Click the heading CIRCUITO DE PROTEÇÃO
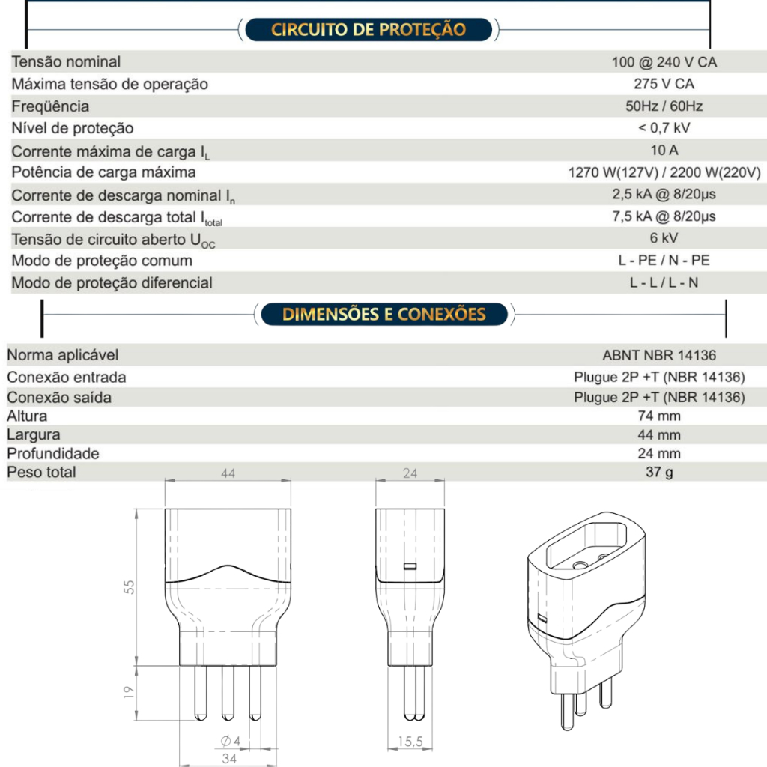(368, 30)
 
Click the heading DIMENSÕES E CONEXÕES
(383, 314)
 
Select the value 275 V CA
(664, 84)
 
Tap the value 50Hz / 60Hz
(664, 106)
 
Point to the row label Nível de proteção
(73, 128)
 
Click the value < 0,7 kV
(664, 128)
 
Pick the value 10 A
(664, 150)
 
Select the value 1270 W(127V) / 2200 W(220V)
(664, 172)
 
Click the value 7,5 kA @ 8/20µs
(664, 216)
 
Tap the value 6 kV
(664, 238)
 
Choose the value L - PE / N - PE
(664, 261)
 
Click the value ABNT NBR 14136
(664, 356)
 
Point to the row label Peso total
(41, 472)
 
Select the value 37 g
(659, 473)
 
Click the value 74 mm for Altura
(659, 416)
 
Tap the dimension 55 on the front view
(130, 586)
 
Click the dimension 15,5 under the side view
(410, 742)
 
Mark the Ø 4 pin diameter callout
(230, 741)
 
